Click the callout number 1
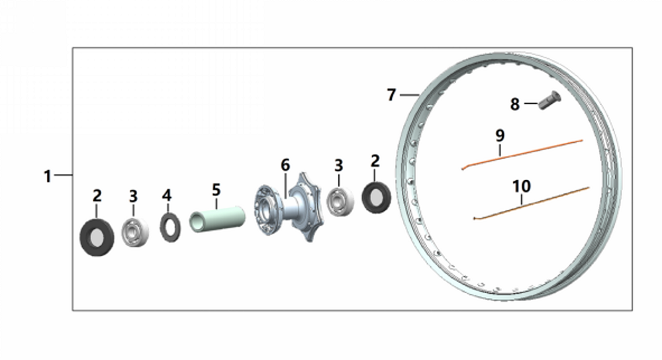pos(47,176)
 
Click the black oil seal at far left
pos(97,238)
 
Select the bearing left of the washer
pos(134,232)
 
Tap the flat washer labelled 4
pos(170,227)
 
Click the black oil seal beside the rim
pos(376,197)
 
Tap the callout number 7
pos(391,95)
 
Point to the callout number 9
pos(500,135)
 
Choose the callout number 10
pos(522,186)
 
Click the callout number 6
pos(285,164)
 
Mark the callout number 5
pos(216,190)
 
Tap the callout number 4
pos(167,195)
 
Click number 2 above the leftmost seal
pos(97,195)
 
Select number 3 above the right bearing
pos(338,164)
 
